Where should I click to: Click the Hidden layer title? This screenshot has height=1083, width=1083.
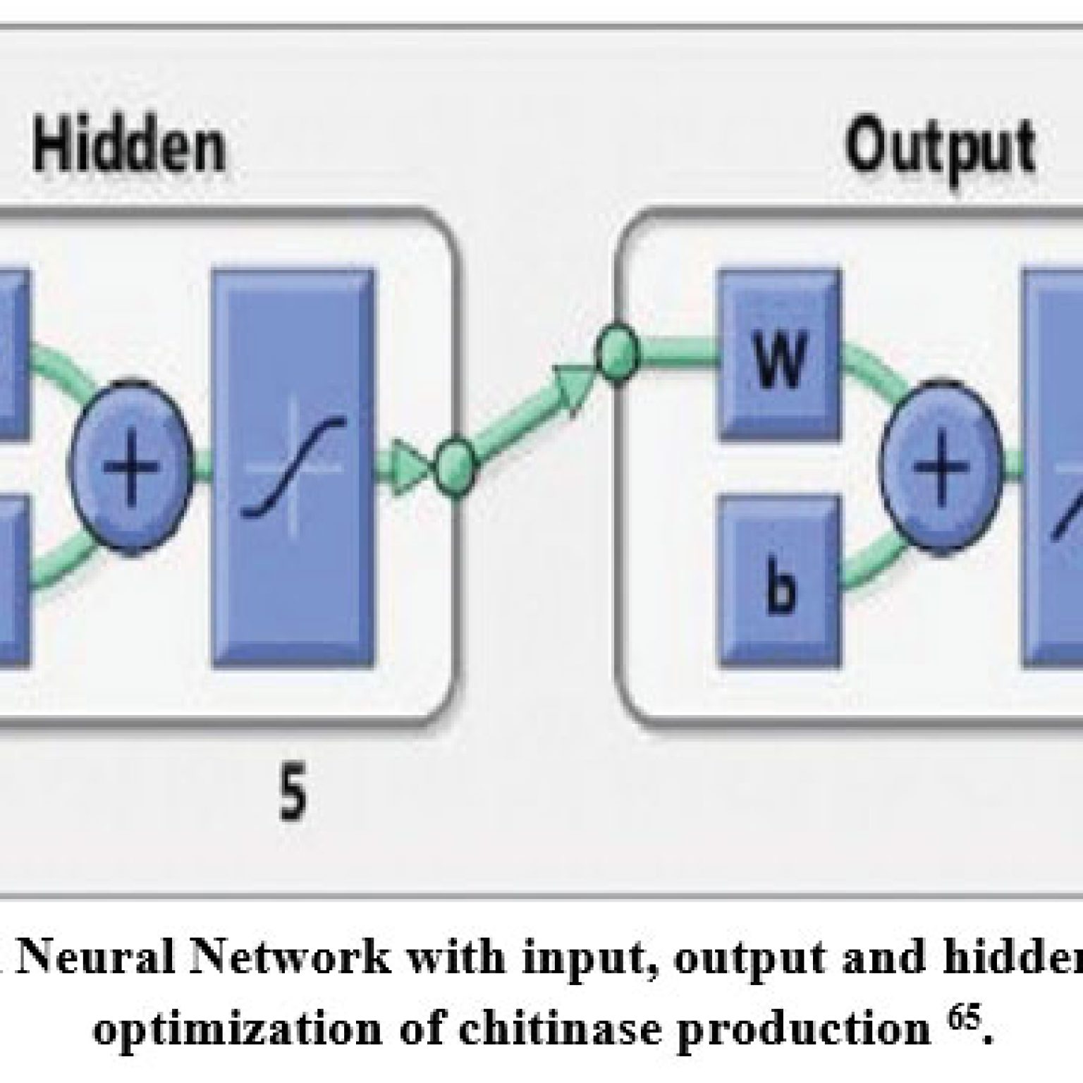coord(130,147)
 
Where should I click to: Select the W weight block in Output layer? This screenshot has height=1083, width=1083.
coord(779,355)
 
